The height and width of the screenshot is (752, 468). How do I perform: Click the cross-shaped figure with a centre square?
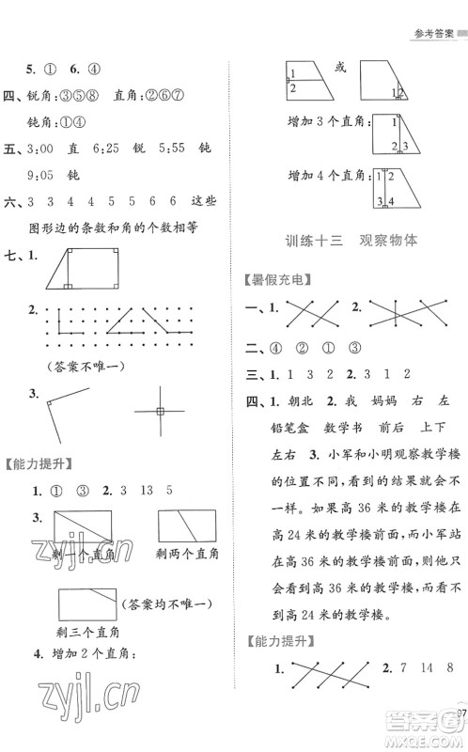coord(160,412)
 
